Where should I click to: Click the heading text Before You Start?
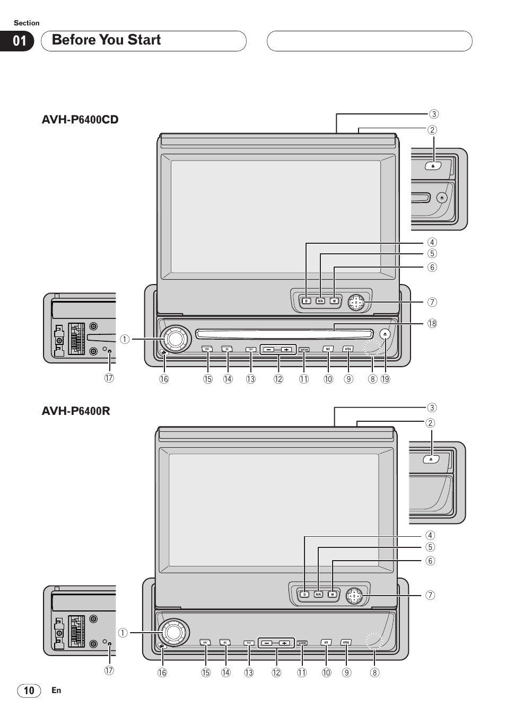point(106,40)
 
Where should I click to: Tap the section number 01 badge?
point(20,41)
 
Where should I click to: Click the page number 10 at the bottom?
point(29,690)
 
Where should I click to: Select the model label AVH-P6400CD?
point(80,120)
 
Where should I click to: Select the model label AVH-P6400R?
point(76,411)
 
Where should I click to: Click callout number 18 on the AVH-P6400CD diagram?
point(432,323)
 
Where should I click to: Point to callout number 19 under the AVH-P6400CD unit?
point(386,379)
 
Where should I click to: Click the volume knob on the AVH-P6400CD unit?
point(176,339)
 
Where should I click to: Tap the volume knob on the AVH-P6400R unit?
point(174,632)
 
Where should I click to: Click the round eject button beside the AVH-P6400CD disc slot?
point(386,334)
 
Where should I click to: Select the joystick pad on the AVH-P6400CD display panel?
point(356,303)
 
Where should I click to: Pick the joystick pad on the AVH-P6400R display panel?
point(354,596)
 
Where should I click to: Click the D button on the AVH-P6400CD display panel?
point(306,301)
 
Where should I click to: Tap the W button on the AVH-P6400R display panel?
point(333,594)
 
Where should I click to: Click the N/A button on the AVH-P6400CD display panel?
point(320,301)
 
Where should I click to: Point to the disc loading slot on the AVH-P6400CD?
point(284,334)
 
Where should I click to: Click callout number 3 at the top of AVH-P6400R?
point(432,407)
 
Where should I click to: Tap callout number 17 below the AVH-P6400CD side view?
point(109,378)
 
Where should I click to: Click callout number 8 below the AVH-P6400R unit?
point(375,672)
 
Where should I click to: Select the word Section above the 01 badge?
point(27,23)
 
